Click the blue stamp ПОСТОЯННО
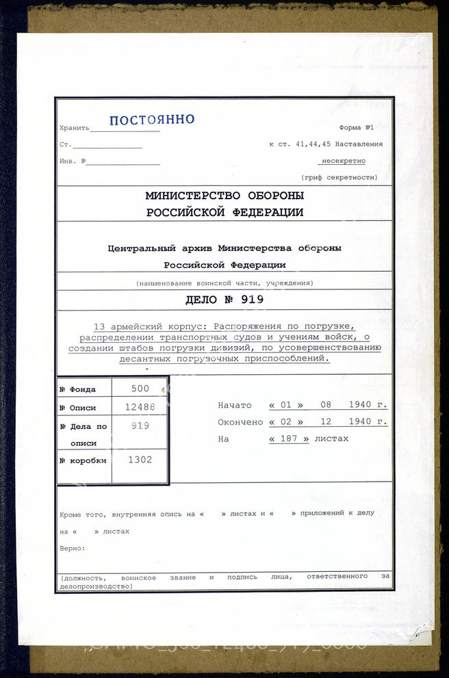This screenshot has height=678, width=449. coord(152,120)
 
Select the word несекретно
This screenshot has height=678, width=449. coord(342,161)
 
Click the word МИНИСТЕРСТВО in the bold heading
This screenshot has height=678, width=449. coord(192,196)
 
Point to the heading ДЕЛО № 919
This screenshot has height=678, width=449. coord(224,299)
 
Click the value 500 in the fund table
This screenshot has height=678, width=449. coord(140,388)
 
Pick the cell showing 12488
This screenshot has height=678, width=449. coord(140,406)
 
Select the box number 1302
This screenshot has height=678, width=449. coord(140,460)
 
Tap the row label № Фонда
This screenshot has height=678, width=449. coord(77,389)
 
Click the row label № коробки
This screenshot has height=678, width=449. coord(83,460)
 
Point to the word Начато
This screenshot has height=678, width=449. coord(235,405)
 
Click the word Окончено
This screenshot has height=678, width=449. coord(240,422)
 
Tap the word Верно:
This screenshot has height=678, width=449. coord(72,548)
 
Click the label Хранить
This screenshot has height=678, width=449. coord(74,128)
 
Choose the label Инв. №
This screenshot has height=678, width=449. coord(73,161)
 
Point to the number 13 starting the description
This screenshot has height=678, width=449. coord(99,326)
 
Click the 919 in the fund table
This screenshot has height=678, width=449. coord(140,425)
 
